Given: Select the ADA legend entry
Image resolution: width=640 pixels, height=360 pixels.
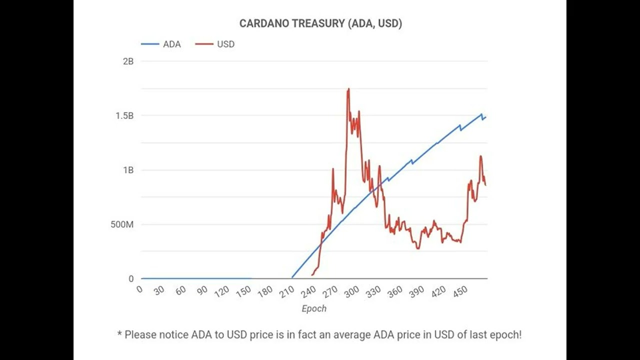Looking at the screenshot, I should click(x=171, y=44).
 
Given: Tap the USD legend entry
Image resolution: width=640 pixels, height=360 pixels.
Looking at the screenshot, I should click(x=225, y=44).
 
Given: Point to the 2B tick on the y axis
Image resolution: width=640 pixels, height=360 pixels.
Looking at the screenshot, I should click(x=128, y=61).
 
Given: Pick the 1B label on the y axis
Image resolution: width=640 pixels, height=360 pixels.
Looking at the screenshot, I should click(x=128, y=170).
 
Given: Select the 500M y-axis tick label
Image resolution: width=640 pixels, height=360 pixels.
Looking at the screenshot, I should click(x=122, y=224).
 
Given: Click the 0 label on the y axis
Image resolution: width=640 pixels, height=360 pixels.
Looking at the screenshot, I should click(x=131, y=278).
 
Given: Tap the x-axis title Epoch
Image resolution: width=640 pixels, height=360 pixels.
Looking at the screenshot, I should click(x=314, y=308).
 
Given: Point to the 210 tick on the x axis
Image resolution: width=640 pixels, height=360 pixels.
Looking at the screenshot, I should click(x=287, y=292).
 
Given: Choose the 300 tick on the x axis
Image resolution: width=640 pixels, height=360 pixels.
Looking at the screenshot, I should click(x=352, y=292).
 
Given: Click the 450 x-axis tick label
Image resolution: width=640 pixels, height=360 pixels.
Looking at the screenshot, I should click(x=460, y=292).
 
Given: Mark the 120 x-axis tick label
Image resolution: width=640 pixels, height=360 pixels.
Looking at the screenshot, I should click(x=222, y=292).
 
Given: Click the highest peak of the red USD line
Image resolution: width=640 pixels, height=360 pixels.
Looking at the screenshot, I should click(x=348, y=89).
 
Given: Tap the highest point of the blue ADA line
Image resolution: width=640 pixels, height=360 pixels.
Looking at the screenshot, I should click(x=481, y=114).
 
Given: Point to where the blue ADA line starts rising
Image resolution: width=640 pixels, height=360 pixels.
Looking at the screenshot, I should click(x=292, y=277).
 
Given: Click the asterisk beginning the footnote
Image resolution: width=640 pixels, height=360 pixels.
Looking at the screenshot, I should click(x=119, y=333).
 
